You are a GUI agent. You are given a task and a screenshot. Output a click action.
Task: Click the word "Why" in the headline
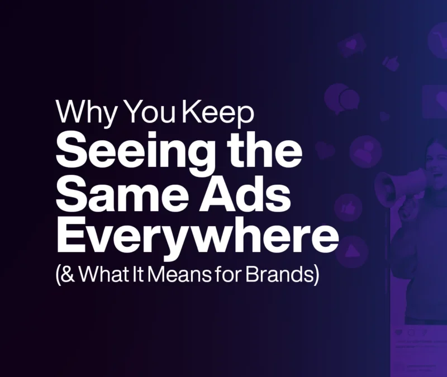(x=87, y=112)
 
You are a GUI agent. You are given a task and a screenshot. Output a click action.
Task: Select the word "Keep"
(x=217, y=112)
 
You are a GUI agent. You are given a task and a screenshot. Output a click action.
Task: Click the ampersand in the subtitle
(x=67, y=274)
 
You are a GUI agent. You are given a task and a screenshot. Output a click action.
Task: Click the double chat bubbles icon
(x=341, y=98)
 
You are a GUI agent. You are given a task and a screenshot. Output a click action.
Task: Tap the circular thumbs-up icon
(x=348, y=207)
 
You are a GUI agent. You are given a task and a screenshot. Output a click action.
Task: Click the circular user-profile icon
(x=365, y=151)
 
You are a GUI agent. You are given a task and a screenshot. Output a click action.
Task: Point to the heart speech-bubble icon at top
(x=352, y=45)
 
